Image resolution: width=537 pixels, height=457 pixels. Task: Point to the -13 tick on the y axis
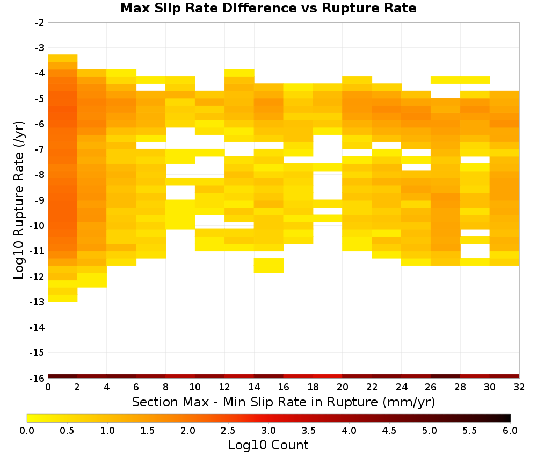tap(40, 302)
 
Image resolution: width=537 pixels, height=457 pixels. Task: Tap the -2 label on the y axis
tap(40, 23)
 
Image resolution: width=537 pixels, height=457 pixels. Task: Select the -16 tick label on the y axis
tap(40, 378)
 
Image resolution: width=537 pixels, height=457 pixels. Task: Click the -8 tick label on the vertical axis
tap(40, 175)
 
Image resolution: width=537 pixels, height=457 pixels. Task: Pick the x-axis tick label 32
tap(519, 387)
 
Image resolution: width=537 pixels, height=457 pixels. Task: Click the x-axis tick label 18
tap(313, 387)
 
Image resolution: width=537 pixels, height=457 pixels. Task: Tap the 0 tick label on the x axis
tap(48, 387)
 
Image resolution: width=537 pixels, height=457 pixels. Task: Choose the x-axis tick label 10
tap(195, 387)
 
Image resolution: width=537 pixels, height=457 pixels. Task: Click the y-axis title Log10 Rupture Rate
tap(19, 200)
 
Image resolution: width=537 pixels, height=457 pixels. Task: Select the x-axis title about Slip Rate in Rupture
tap(284, 402)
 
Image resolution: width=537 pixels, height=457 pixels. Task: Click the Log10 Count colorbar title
tap(268, 445)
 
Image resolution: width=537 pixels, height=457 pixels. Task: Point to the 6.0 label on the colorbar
tap(510, 431)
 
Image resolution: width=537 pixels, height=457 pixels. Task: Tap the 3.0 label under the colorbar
tap(268, 431)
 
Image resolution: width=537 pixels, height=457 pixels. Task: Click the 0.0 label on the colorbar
tap(27, 431)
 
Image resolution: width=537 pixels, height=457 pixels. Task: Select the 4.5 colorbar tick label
tap(389, 431)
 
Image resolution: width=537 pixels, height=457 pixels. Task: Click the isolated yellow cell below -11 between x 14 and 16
tap(269, 266)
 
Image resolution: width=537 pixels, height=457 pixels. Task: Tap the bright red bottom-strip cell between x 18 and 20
tap(328, 376)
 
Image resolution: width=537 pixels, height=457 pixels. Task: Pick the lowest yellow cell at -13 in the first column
tap(63, 298)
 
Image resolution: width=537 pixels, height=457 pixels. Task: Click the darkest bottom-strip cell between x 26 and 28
tap(446, 376)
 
